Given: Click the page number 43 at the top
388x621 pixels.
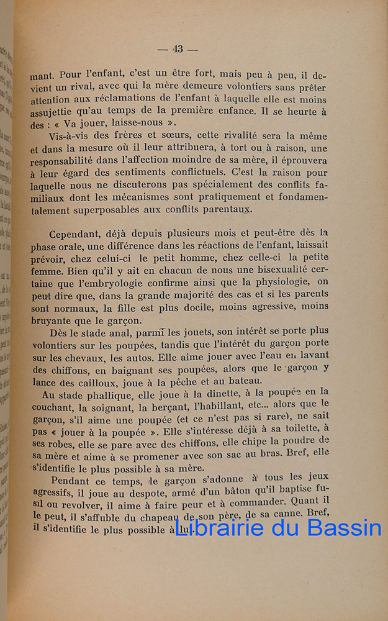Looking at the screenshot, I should [178, 50].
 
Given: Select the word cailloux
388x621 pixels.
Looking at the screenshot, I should [97, 381].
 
